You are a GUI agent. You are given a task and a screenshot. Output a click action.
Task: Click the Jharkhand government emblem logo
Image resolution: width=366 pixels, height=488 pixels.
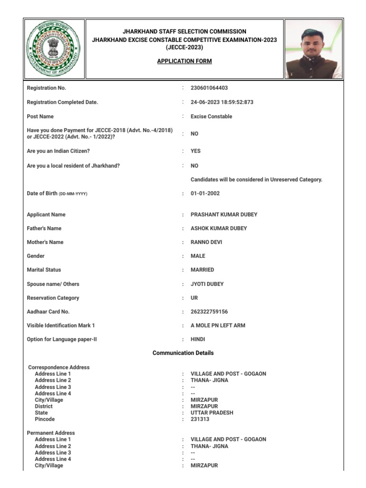tap(54, 49)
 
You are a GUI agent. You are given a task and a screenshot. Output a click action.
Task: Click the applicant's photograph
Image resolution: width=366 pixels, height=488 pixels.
tap(314, 49)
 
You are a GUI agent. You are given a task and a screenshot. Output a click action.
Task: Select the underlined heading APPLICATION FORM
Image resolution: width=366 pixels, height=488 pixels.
tap(184, 61)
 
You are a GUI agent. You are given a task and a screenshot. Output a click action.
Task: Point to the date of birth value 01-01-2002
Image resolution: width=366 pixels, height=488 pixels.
tap(205, 193)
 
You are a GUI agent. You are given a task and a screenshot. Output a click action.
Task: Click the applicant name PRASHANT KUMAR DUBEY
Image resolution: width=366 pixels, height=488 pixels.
tap(224, 215)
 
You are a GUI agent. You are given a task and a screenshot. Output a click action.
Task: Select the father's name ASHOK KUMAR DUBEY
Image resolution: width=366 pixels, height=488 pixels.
tap(219, 229)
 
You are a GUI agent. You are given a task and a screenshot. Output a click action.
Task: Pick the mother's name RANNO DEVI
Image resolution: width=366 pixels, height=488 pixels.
tap(206, 243)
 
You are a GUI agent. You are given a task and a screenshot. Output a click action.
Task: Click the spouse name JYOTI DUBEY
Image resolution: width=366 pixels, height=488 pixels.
tap(207, 285)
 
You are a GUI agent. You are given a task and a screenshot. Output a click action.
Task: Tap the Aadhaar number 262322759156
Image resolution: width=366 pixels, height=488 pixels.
tap(209, 312)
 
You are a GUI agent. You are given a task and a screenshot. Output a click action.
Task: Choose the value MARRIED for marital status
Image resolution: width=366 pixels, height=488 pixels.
tap(203, 270)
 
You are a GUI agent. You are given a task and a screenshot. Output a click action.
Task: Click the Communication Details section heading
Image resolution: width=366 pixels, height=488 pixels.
tap(183, 353)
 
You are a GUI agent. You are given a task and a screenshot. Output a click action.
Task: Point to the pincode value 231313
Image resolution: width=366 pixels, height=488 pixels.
tap(200, 419)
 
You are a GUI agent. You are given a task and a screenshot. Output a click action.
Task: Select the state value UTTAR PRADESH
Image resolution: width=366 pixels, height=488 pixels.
tap(212, 413)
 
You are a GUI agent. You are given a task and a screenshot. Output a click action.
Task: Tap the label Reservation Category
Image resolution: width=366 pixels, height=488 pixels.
tap(53, 298)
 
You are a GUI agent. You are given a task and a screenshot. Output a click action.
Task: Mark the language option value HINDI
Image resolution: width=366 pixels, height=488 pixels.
tap(198, 340)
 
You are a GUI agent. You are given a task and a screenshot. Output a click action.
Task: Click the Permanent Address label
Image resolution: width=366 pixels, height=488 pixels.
tap(51, 433)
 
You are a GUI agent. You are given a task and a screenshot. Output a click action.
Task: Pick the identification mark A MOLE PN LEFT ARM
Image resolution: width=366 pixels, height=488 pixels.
tap(218, 326)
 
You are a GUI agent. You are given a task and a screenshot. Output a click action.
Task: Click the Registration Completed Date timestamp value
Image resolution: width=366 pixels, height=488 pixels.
tap(222, 102)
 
